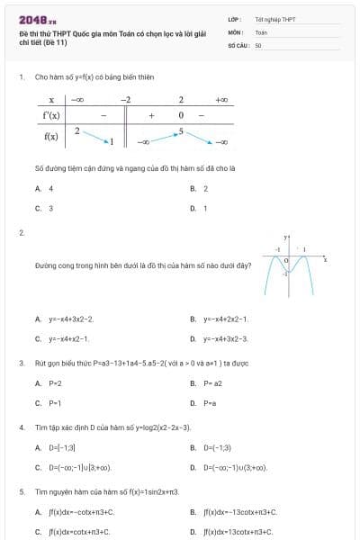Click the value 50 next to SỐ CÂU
pyautogui.click(x=258, y=44)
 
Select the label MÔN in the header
pyautogui.click(x=236, y=31)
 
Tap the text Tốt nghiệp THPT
pyautogui.click(x=274, y=19)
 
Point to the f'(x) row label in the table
pyautogui.click(x=51, y=115)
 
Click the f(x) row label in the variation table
pyautogui.click(x=51, y=136)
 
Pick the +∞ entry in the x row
pyautogui.click(x=221, y=99)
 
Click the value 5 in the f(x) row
pyautogui.click(x=181, y=130)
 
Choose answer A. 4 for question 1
pyautogui.click(x=44, y=188)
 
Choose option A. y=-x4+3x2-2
pyautogui.click(x=64, y=319)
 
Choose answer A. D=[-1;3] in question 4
pyautogui.click(x=55, y=447)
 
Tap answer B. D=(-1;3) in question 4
pyautogui.click(x=210, y=447)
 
